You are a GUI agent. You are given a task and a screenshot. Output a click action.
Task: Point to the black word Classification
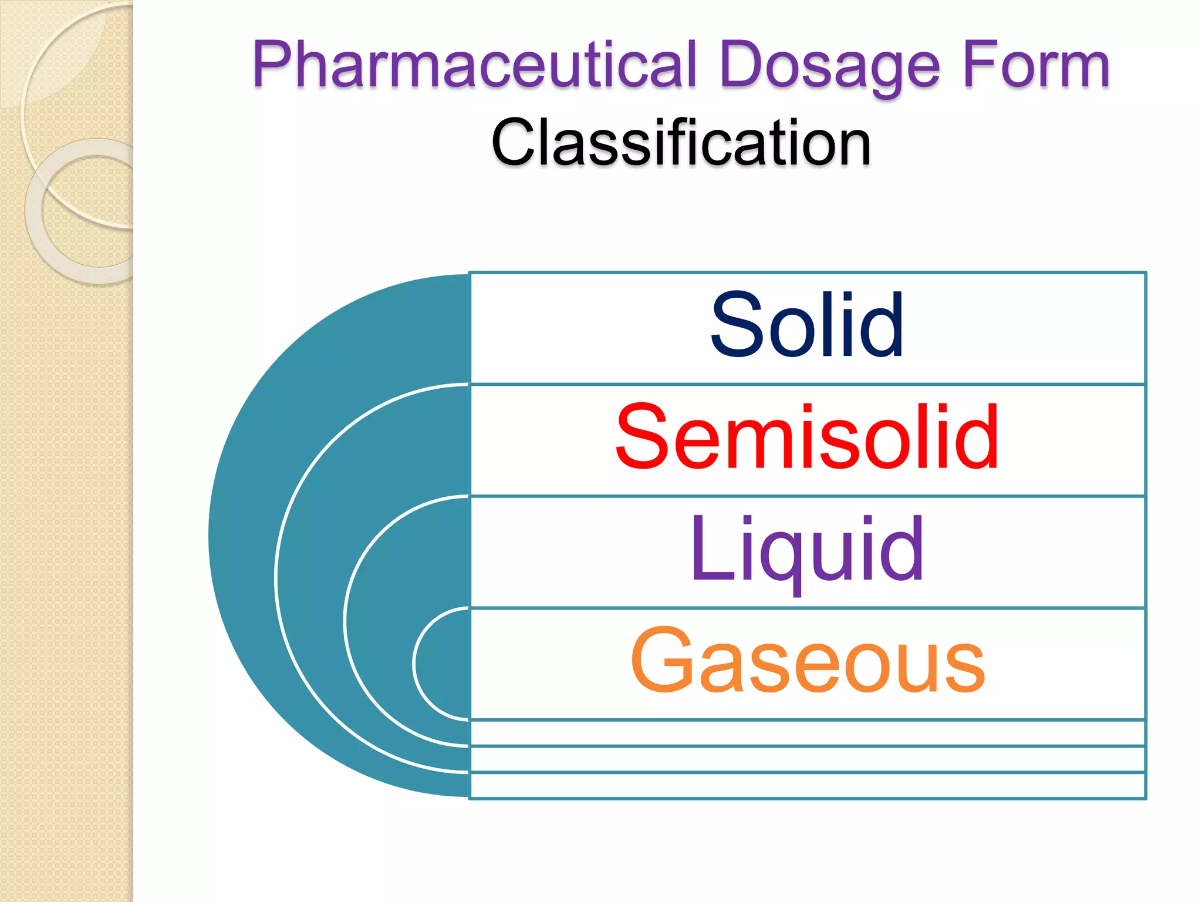tap(681, 143)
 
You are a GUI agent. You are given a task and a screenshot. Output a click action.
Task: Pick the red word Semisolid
tap(807, 437)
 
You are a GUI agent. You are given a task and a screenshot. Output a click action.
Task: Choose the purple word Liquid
tap(807, 549)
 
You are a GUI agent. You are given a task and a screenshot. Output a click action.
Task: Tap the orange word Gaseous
tap(807, 661)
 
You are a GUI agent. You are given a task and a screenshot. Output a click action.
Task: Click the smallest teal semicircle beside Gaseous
tap(443, 664)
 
